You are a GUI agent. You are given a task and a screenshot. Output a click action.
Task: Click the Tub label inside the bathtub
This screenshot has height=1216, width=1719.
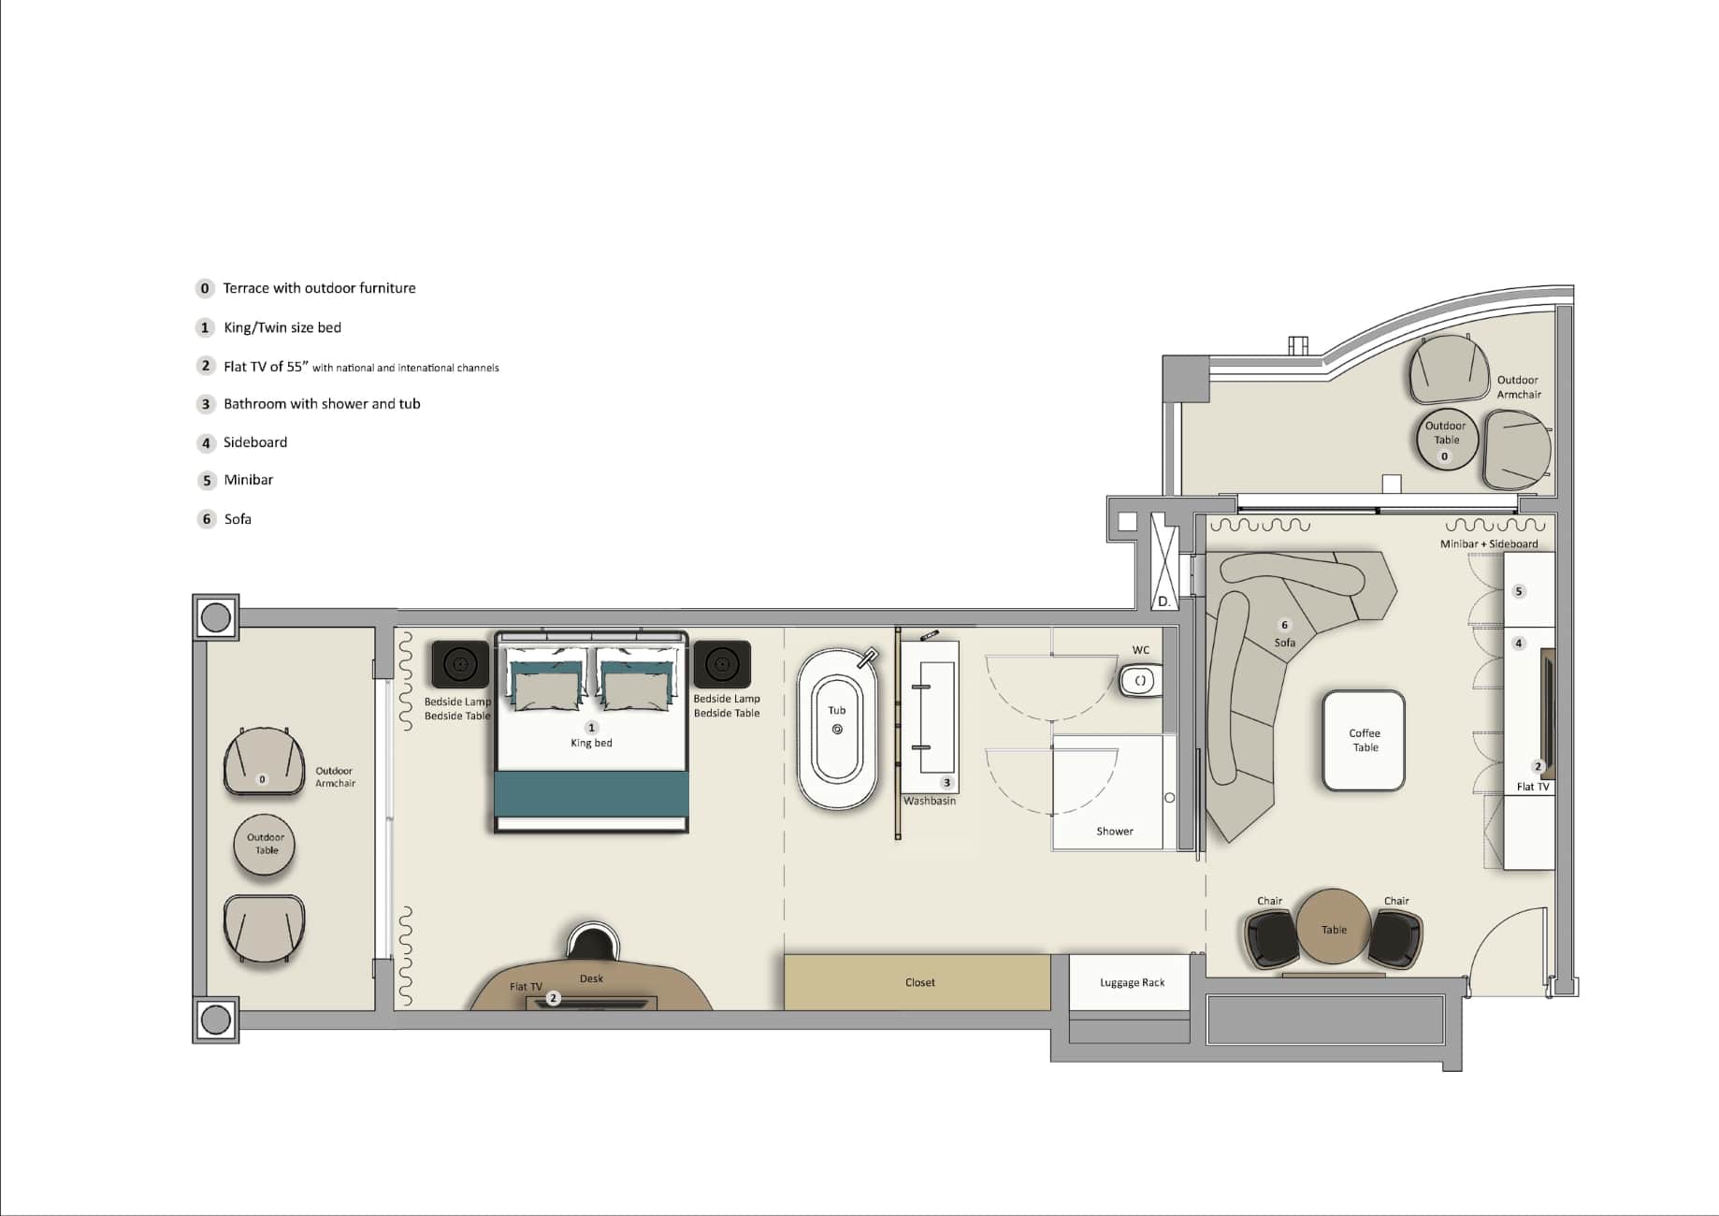pos(837,710)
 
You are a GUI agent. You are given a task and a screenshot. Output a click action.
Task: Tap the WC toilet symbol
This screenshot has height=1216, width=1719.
pos(1140,680)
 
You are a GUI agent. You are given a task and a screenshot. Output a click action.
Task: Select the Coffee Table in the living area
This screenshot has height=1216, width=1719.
pos(1364,740)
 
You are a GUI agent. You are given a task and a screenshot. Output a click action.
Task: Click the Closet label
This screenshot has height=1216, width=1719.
pos(920,982)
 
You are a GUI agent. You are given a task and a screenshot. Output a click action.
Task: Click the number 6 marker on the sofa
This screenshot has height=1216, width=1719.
pos(1284,625)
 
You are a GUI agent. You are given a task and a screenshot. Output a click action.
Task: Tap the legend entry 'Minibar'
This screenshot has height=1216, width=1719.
pos(248,480)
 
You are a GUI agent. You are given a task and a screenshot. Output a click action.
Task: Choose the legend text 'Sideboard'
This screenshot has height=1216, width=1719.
pos(255,442)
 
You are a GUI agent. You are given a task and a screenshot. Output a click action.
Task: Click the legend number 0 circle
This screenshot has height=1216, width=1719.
pos(205,288)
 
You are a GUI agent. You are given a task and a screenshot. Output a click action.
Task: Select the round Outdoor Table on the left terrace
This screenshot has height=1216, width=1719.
pos(265,845)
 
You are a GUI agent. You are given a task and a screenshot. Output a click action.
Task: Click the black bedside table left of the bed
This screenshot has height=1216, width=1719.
pos(460,664)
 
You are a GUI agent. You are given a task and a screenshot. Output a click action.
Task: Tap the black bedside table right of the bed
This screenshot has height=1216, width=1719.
pos(722,664)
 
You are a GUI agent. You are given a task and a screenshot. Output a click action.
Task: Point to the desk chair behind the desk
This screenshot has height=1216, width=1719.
pos(592,940)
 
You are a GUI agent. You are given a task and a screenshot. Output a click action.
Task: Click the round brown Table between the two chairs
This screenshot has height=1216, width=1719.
pos(1334,927)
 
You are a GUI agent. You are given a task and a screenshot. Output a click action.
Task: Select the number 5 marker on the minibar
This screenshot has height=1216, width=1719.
pos(1519,591)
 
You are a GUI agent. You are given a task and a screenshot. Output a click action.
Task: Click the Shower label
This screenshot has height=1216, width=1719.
pos(1115,831)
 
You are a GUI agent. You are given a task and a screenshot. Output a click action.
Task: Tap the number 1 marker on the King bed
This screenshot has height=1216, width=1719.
pos(591,727)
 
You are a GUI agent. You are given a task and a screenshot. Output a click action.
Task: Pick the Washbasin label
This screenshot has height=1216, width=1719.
pos(930,801)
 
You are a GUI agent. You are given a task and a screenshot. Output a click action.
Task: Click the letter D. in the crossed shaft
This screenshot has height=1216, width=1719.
pos(1164,601)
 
